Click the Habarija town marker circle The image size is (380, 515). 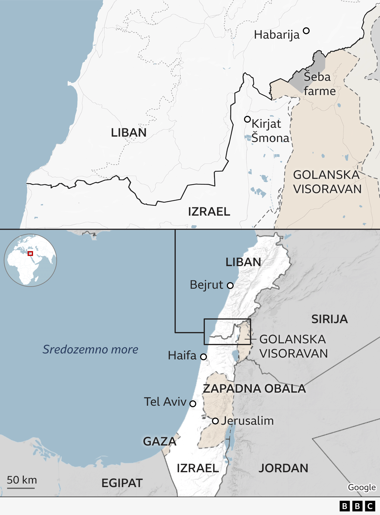pyautogui.click(x=306, y=31)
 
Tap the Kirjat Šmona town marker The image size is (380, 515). pyautogui.click(x=247, y=119)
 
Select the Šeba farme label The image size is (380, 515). pyautogui.click(x=319, y=84)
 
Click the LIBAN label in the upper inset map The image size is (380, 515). pyautogui.click(x=129, y=133)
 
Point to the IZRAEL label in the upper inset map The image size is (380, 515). pyautogui.click(x=209, y=212)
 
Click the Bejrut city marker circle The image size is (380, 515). pyautogui.click(x=230, y=286)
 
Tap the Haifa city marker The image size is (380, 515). pyautogui.click(x=203, y=357)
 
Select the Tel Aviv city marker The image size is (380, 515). pyautogui.click(x=193, y=404)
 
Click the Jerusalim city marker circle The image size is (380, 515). pyautogui.click(x=216, y=421)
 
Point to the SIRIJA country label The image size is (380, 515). pyautogui.click(x=329, y=319)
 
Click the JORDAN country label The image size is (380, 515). pyautogui.click(x=283, y=468)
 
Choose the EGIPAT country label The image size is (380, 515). pyautogui.click(x=122, y=483)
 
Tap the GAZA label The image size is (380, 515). pyautogui.click(x=159, y=442)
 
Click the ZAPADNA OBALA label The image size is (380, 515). pyautogui.click(x=254, y=389)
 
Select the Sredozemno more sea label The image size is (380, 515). pyautogui.click(x=90, y=350)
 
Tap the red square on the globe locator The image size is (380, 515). pyautogui.click(x=30, y=253)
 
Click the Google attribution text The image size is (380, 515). pyautogui.click(x=362, y=487)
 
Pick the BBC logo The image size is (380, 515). pyautogui.click(x=357, y=506)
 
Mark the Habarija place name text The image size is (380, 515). pyautogui.click(x=277, y=35)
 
